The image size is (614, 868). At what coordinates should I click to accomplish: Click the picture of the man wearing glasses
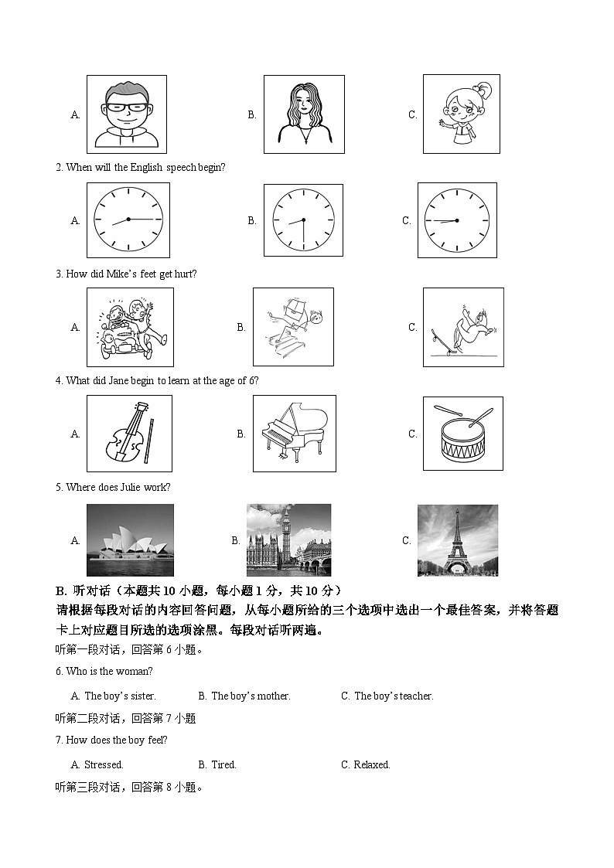(x=126, y=114)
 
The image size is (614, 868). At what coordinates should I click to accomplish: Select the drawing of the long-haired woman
(x=302, y=114)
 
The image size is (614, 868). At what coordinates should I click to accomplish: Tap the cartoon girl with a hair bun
(x=461, y=114)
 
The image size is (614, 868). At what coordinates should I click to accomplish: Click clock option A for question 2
(x=128, y=220)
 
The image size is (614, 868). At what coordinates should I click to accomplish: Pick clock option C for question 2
(x=457, y=220)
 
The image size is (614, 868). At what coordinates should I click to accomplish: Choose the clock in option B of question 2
(x=303, y=220)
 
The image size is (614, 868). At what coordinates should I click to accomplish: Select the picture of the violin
(x=129, y=434)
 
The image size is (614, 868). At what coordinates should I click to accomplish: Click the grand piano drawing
(x=294, y=434)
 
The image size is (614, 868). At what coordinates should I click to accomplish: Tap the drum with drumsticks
(x=462, y=434)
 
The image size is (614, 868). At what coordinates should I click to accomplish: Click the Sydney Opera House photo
(x=130, y=540)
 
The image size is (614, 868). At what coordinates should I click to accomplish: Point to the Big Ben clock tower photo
(x=288, y=540)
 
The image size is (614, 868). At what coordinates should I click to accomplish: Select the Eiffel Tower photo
(x=457, y=540)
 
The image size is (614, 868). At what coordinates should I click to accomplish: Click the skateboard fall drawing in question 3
(x=462, y=327)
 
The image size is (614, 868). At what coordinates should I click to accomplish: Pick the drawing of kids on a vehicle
(x=130, y=327)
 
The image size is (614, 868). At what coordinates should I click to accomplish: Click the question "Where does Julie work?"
(x=118, y=487)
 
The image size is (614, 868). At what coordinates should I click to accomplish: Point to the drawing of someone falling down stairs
(x=293, y=327)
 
